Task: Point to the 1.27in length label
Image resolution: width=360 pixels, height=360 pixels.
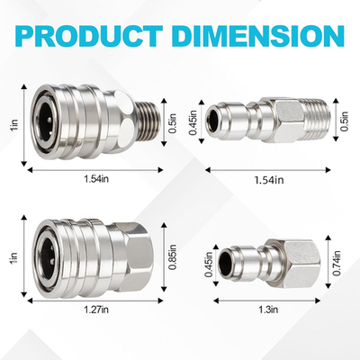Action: point(94,309)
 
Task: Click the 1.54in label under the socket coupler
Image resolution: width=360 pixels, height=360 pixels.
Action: point(94,177)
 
